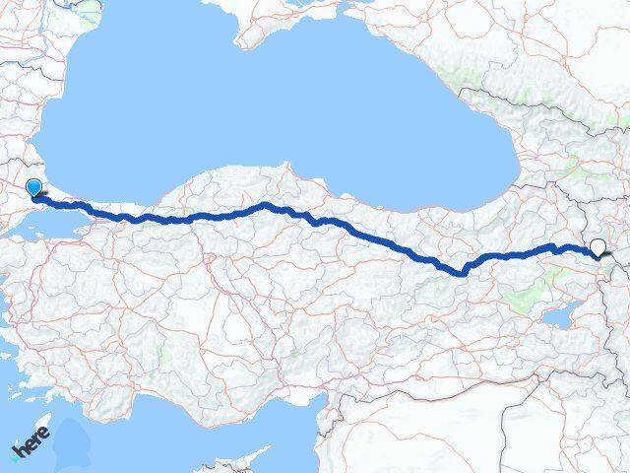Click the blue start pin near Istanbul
pos(34,187)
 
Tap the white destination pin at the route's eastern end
pos(597,247)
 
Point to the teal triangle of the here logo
pos(14,456)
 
